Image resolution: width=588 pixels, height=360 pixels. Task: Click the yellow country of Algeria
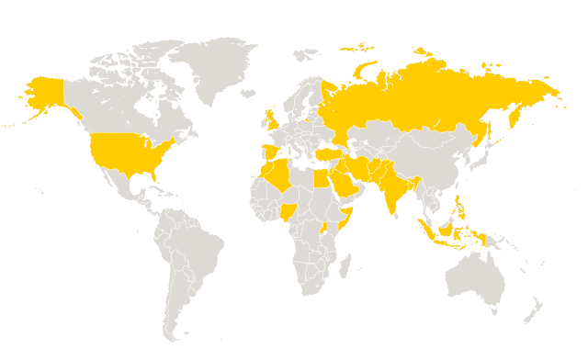279,175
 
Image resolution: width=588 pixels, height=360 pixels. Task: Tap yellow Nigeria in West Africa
288,210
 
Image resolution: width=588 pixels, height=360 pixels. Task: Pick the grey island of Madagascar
345,266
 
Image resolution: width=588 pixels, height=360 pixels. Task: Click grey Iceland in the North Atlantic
247,93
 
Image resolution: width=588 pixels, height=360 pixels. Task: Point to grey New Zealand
533,309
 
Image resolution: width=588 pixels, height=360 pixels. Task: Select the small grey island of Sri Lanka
403,215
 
